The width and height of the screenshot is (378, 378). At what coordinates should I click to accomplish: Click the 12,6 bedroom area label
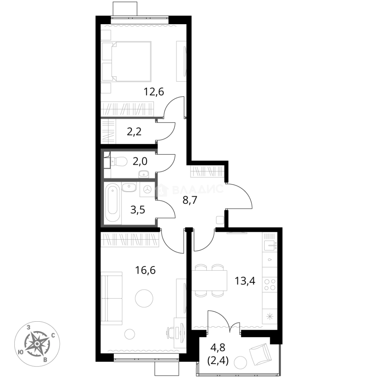154,92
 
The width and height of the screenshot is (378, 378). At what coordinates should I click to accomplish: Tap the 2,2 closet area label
134,132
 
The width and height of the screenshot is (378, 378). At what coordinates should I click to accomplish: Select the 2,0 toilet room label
140,161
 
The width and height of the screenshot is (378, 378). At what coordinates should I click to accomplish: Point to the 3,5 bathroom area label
138,210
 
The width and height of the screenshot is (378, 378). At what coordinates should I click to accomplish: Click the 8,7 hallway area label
190,200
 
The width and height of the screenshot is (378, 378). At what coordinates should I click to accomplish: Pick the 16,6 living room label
145,270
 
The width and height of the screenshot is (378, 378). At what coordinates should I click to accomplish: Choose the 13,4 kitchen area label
245,281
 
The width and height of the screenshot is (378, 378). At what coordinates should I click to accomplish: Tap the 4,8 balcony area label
218,348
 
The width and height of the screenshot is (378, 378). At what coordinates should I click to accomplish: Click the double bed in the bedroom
127,61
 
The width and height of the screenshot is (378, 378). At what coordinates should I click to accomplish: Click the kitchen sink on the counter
270,246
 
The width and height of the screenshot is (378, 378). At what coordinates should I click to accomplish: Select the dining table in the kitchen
210,281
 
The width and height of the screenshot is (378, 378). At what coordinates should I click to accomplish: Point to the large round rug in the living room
144,299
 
